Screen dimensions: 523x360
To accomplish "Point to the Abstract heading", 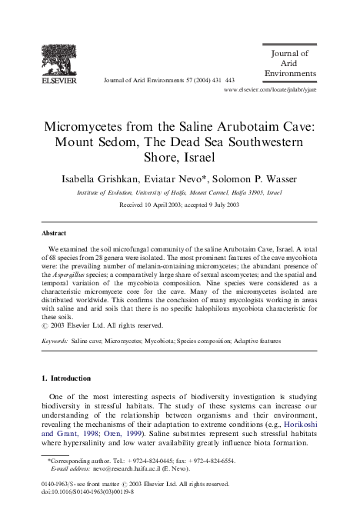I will coord(55,232).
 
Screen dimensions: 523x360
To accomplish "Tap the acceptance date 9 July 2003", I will coord(219,205).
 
